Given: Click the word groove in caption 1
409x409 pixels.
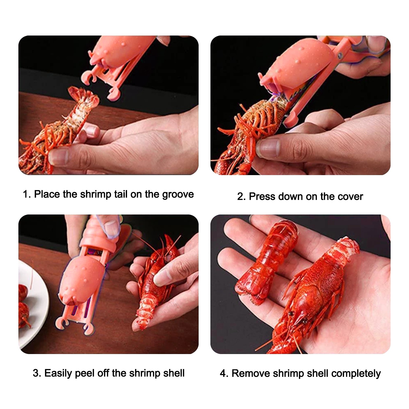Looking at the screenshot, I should pos(178,195).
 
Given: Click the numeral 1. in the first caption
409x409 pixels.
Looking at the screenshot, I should pos(27,194).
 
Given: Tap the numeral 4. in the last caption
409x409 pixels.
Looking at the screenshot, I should pos(224,373).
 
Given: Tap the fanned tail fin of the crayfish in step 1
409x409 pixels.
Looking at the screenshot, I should pos(84,96).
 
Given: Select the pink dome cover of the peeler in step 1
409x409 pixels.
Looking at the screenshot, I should pos(120,51).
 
